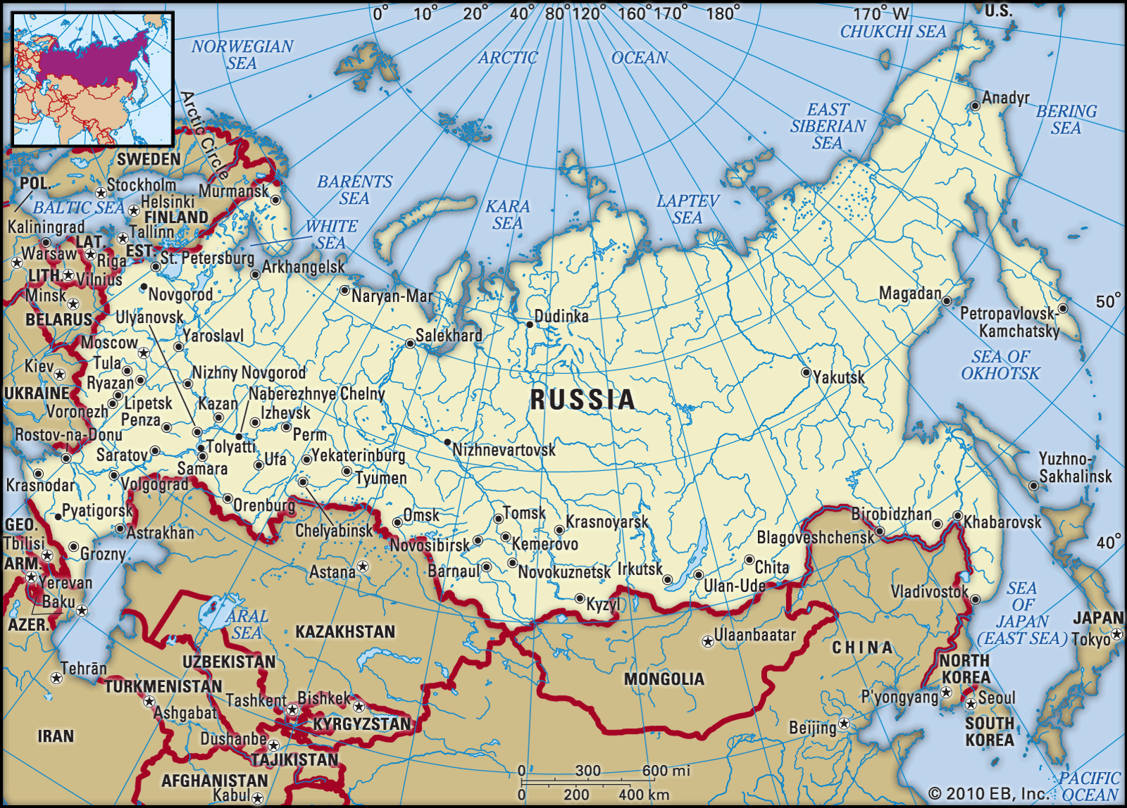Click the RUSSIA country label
click(583, 400)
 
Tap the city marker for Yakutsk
click(806, 372)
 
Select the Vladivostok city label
click(929, 592)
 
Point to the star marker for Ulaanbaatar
click(707, 642)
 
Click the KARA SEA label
click(507, 215)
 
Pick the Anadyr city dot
click(975, 106)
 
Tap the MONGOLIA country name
click(664, 679)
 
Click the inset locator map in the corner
click(93, 79)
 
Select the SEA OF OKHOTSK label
click(1000, 365)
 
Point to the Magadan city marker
click(947, 301)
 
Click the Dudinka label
click(561, 317)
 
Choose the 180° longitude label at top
click(723, 13)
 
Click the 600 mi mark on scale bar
click(665, 771)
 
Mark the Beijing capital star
click(844, 724)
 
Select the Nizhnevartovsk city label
click(504, 450)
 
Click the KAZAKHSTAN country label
click(345, 632)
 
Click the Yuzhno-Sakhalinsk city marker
click(1033, 486)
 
